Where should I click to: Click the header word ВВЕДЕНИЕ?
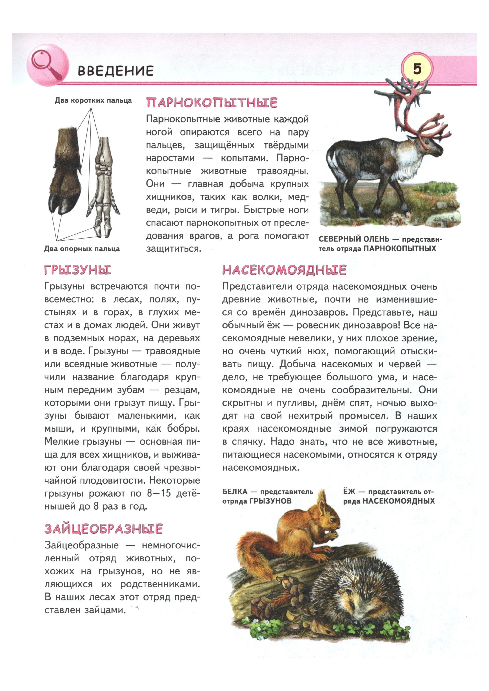coord(116,71)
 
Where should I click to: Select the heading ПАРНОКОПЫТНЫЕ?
coord(211,103)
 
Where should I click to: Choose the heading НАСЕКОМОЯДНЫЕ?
coord(284,270)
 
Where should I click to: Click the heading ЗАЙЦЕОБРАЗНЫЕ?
coord(104,529)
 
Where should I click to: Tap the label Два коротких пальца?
coord(93,100)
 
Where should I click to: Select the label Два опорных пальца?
coord(82,249)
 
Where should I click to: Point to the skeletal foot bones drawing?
coord(103,187)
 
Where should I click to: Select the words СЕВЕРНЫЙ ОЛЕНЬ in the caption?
coord(354,239)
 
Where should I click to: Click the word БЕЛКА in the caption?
coord(235,492)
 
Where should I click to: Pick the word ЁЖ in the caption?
coord(349,492)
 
